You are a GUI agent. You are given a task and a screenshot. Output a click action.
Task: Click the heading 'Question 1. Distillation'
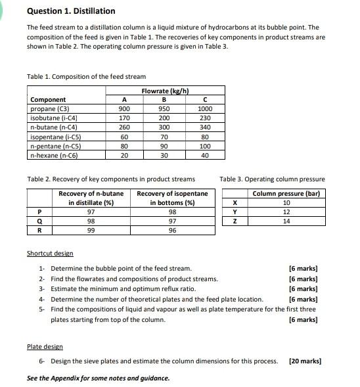pyautogui.click(x=71, y=11)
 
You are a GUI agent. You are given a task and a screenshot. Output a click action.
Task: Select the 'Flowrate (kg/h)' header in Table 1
pyautogui.click(x=165, y=91)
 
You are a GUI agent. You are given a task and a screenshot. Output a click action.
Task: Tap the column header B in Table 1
pyautogui.click(x=164, y=100)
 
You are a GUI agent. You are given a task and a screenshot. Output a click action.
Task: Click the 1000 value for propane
pyautogui.click(x=205, y=109)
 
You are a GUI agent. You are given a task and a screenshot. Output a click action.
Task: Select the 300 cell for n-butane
pyautogui.click(x=164, y=127)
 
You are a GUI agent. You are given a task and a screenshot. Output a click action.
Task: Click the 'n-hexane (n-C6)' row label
pyautogui.click(x=55, y=155)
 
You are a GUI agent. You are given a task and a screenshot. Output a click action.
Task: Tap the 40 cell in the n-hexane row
pyautogui.click(x=205, y=155)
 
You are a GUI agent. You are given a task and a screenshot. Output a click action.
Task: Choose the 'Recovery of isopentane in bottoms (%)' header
pyautogui.click(x=172, y=198)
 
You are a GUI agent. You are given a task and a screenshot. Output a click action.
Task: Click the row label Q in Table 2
pyautogui.click(x=39, y=221)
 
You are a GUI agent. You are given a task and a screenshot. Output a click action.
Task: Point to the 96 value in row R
pyautogui.click(x=172, y=231)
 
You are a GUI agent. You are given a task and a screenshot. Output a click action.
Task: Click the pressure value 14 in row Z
pyautogui.click(x=286, y=221)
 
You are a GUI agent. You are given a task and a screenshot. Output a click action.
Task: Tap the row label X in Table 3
pyautogui.click(x=234, y=203)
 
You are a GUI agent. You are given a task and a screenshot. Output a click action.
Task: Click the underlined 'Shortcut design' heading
pyautogui.click(x=50, y=254)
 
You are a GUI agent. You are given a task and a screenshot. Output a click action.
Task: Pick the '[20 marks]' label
pyautogui.click(x=305, y=361)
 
